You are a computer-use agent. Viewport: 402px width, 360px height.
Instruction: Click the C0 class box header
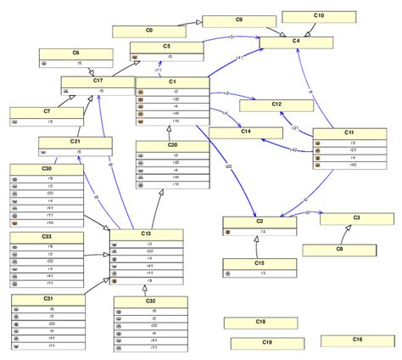(149, 31)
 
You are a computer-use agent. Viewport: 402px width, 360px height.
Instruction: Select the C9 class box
(239, 20)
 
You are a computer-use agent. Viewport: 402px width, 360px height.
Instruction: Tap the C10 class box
(318, 16)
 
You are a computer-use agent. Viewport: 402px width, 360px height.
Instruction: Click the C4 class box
(296, 42)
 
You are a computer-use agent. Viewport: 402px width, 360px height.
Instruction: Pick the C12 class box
(276, 105)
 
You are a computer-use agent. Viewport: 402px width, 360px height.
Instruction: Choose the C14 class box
(246, 132)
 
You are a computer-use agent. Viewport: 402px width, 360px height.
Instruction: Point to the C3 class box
(356, 219)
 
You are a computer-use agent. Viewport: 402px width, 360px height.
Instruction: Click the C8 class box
(339, 250)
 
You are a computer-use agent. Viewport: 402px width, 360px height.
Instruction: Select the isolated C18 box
(260, 323)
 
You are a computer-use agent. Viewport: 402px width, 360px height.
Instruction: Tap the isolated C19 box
(267, 343)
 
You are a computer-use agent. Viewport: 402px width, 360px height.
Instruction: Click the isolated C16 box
(357, 340)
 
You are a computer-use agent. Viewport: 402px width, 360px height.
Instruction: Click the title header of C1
(172, 82)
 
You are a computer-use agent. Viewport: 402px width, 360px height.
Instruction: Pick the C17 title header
(98, 81)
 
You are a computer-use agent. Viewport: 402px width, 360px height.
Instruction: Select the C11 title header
(349, 133)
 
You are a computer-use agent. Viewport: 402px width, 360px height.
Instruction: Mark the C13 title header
(146, 234)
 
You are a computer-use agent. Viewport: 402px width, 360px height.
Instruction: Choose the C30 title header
(46, 168)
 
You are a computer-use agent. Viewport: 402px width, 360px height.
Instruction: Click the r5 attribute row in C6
(78, 63)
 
